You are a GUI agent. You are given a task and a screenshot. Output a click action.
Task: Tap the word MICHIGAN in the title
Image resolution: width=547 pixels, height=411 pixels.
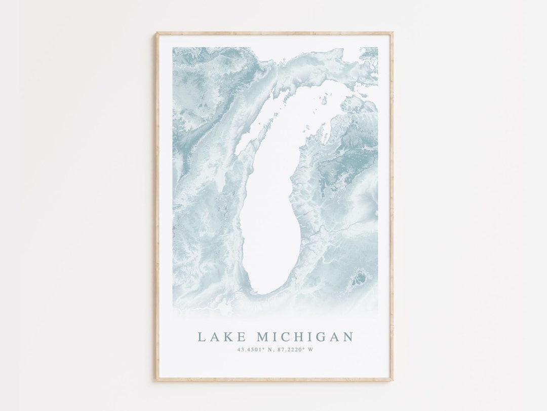(x=305, y=337)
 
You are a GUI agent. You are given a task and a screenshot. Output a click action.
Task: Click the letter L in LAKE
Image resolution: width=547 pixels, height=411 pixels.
(x=202, y=337)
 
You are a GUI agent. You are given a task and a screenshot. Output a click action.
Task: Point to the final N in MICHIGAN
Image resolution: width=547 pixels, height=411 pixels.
(x=347, y=337)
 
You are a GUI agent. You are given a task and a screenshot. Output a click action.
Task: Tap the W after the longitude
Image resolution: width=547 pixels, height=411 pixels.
(x=310, y=350)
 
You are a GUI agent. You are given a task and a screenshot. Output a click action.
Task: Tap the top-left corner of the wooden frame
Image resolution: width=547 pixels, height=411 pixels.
(x=157, y=34)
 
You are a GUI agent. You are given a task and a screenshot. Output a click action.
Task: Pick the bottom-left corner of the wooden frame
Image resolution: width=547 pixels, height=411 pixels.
(x=157, y=380)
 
